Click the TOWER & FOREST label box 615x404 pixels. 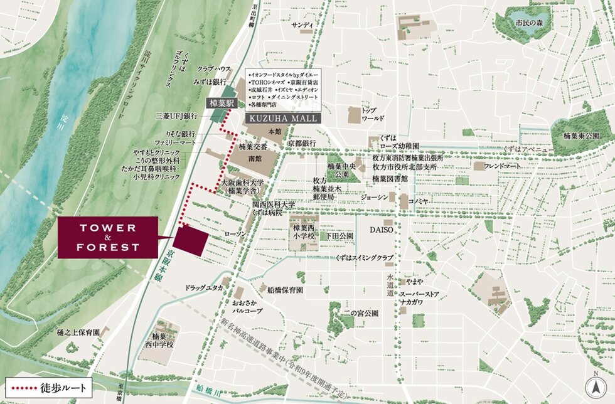tap(107, 237)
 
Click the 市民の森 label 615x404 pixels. tap(528, 23)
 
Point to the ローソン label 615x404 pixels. tap(235, 234)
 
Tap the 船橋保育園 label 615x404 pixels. tap(285, 290)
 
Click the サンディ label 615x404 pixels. tap(302, 25)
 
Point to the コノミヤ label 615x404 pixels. tap(418, 201)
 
